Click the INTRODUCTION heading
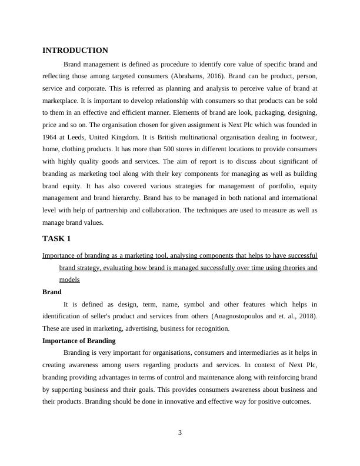75,51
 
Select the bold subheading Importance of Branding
79,341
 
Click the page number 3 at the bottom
180,433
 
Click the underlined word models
69,280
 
